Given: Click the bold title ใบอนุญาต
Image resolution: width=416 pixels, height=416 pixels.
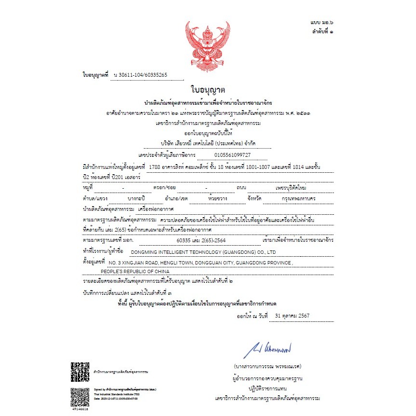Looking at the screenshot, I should (x=208, y=90).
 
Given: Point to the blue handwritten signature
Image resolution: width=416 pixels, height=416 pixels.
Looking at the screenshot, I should (x=270, y=347).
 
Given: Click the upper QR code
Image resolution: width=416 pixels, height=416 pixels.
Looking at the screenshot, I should (x=80, y=372).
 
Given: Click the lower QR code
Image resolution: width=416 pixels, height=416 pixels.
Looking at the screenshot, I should (x=80, y=396).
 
